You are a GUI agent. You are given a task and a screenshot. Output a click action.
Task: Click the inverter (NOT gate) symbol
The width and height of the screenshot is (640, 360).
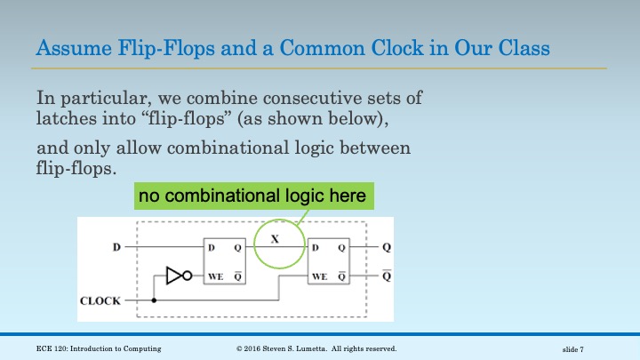pyautogui.click(x=178, y=276)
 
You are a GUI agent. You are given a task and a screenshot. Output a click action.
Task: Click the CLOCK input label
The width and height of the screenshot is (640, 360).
pyautogui.click(x=100, y=300)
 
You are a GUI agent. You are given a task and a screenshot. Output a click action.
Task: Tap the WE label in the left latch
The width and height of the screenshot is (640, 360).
pyautogui.click(x=215, y=276)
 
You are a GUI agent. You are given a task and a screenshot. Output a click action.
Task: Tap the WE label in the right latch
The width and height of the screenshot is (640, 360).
pyautogui.click(x=318, y=276)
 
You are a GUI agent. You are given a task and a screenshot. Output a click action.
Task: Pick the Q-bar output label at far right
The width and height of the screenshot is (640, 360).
pyautogui.click(x=385, y=275)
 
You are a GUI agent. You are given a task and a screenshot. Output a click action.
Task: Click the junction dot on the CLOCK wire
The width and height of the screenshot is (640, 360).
pyautogui.click(x=156, y=300)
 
